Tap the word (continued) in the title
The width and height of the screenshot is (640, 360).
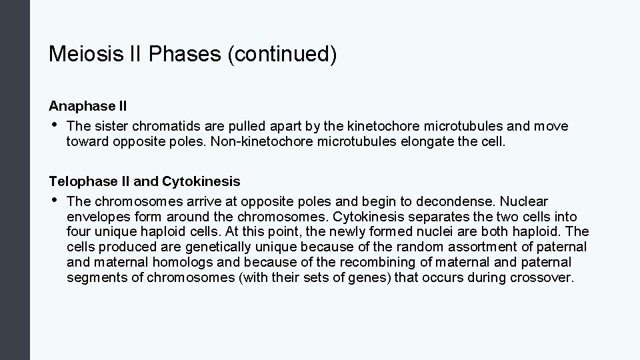click(x=282, y=55)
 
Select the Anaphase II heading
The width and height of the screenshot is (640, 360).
click(x=88, y=106)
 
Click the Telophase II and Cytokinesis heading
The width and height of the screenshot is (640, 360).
click(x=145, y=181)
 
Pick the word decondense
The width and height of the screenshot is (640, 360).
click(x=461, y=201)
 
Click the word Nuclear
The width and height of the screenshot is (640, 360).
click(x=524, y=201)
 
